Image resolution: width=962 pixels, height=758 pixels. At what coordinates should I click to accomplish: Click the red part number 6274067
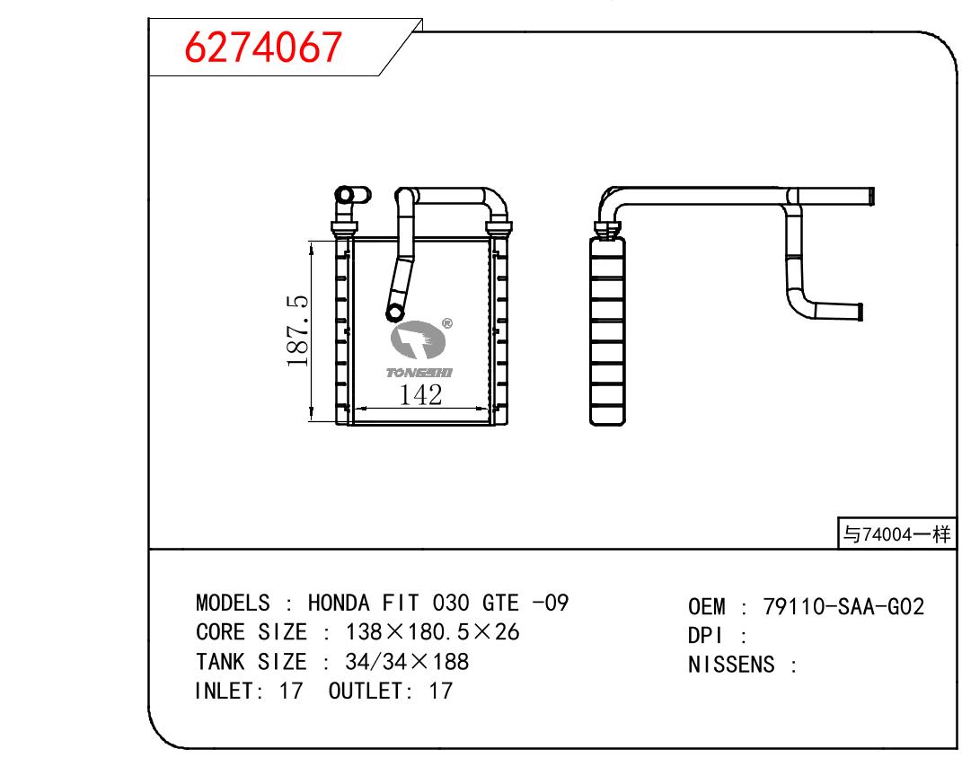263,48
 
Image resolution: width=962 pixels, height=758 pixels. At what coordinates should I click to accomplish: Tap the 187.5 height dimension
297,331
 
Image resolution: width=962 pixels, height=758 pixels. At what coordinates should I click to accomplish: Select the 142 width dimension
421,395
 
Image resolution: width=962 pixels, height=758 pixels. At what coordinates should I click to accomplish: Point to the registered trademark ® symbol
446,323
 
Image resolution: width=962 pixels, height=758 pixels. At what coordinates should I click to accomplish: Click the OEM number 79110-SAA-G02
843,606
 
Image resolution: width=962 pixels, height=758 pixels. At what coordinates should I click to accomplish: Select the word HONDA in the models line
339,603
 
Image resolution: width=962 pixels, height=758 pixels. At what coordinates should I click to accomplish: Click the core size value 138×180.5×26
433,631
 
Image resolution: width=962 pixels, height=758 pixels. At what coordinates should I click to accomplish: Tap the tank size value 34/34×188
408,662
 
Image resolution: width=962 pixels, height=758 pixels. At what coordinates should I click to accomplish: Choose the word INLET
225,692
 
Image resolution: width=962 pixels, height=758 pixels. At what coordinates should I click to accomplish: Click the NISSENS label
731,665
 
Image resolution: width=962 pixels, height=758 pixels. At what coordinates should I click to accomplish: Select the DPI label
705,635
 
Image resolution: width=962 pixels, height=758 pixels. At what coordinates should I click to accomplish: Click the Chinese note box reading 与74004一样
896,533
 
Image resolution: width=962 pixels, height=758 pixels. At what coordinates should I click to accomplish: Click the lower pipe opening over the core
394,313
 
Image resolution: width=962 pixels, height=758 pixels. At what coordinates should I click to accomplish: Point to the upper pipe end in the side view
871,197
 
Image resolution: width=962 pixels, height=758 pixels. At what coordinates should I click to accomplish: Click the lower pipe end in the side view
861,312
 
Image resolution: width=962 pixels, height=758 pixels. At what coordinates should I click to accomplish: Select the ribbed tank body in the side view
607,331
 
